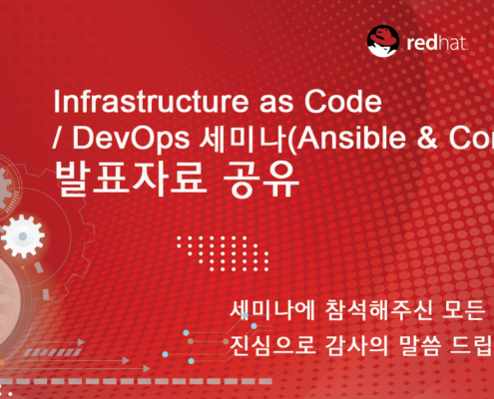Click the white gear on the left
(24, 236)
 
